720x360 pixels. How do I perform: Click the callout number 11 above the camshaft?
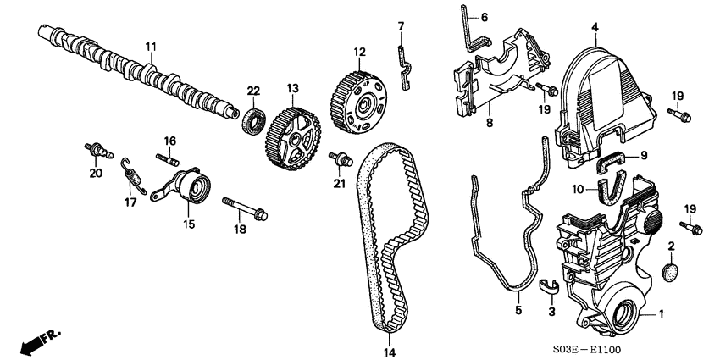pos(151,45)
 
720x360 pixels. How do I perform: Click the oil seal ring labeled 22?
pos(253,119)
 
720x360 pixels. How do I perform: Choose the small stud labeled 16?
pos(168,157)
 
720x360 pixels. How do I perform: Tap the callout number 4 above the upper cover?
pos(595,28)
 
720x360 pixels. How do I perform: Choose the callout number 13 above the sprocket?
pos(292,87)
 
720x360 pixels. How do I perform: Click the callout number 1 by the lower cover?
pos(662,314)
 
